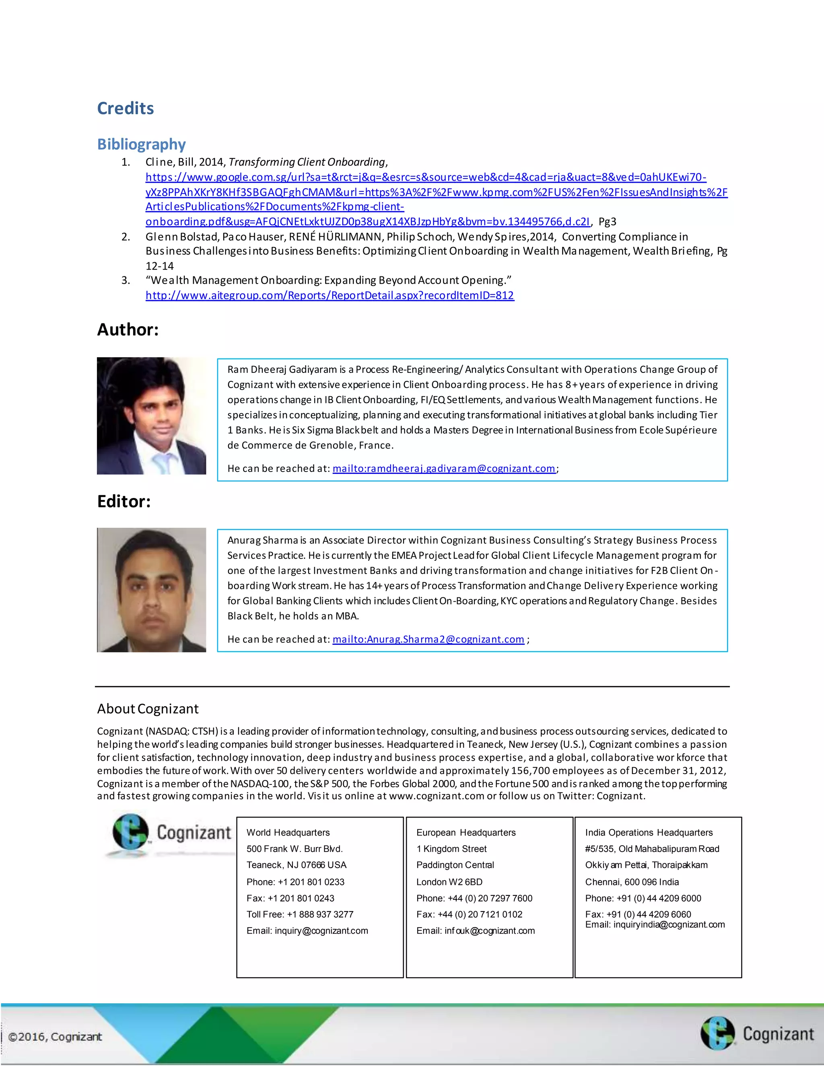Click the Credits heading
[126, 108]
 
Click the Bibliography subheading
[141, 144]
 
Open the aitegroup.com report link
[330, 295]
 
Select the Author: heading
[128, 329]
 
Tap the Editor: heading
[124, 501]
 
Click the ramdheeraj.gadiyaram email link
[444, 469]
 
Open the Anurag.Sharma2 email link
[428, 640]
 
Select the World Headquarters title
[288, 833]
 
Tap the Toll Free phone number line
[300, 914]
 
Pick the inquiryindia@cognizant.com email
[655, 924]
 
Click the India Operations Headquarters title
[649, 833]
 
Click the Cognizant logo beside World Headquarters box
[171, 833]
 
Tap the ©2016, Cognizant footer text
[55, 1037]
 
